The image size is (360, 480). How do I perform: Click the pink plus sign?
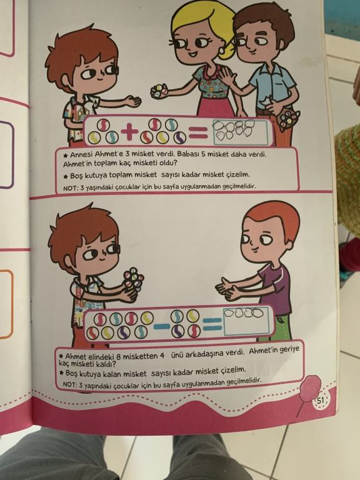click(129, 132)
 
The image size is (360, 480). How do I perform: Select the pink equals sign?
click(198, 133)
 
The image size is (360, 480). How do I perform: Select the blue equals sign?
click(212, 324)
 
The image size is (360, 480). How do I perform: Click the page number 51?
click(319, 400)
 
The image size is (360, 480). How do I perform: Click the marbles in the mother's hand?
click(159, 91)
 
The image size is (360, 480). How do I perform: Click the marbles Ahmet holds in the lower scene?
click(133, 279)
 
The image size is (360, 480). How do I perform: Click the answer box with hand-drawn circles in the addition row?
click(240, 132)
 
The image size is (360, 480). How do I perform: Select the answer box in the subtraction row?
click(247, 321)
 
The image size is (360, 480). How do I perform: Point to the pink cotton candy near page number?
click(309, 386)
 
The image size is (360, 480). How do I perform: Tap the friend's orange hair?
click(273, 217)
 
